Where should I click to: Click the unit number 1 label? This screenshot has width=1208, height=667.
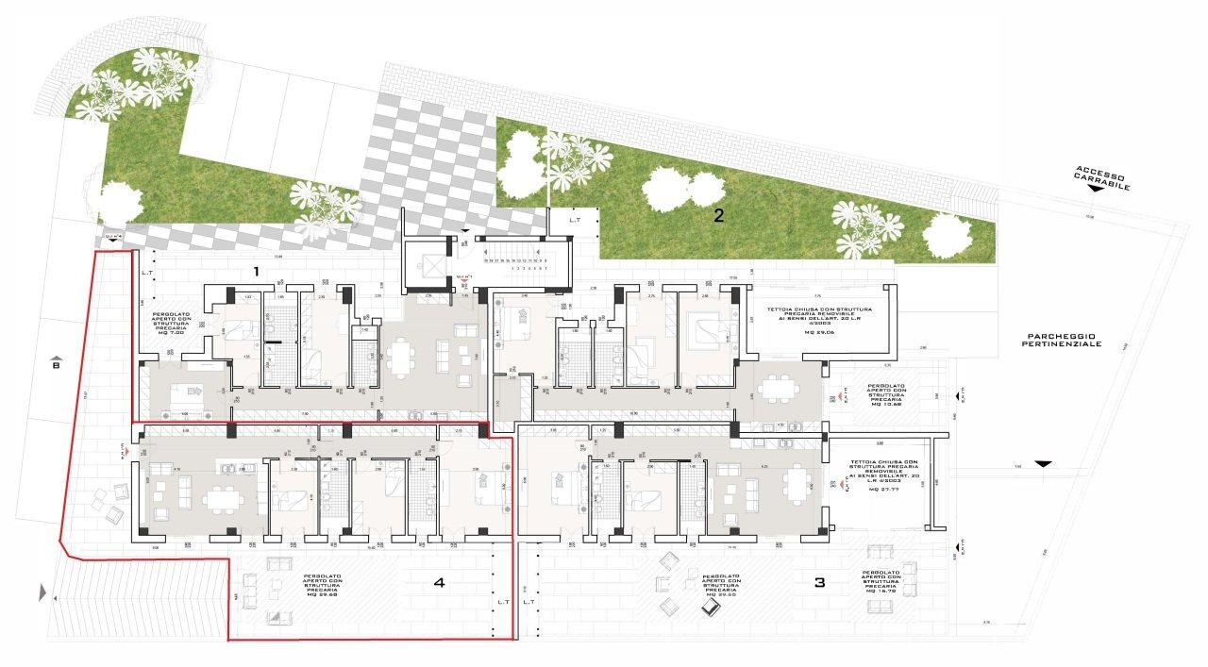pyautogui.click(x=255, y=271)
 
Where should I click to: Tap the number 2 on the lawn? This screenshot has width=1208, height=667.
pyautogui.click(x=719, y=215)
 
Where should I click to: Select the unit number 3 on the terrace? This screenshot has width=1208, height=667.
pyautogui.click(x=819, y=583)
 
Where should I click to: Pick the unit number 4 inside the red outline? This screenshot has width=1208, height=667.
pyautogui.click(x=439, y=583)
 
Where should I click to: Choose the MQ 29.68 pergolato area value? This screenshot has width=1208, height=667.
pyautogui.click(x=321, y=595)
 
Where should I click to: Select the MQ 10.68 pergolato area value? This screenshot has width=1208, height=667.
pyautogui.click(x=866, y=408)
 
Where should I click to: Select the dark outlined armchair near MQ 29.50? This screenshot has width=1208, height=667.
pyautogui.click(x=711, y=609)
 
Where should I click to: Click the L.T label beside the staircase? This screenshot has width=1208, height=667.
pyautogui.click(x=575, y=219)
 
